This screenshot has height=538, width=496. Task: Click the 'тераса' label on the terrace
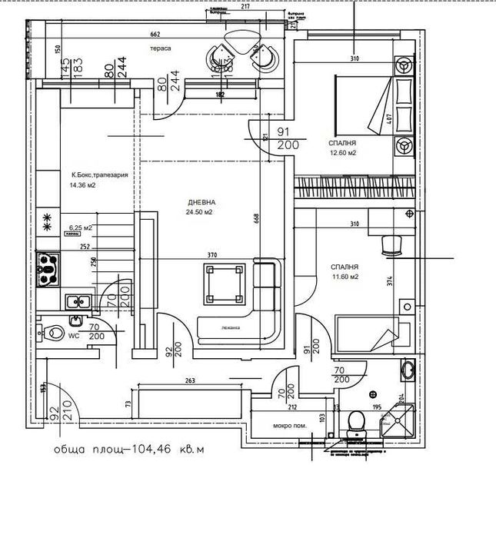point(160,48)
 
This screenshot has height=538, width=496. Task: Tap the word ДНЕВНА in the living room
point(198,203)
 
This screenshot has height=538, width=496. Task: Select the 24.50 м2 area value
point(198,212)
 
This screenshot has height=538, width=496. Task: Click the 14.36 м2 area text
point(82,185)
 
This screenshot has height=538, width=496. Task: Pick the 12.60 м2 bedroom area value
point(344,152)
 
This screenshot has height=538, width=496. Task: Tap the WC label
point(75,336)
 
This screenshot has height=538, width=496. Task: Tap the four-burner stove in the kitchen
point(48,269)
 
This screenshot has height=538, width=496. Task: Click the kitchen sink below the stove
point(77,302)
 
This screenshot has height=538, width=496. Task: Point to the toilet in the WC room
point(54,334)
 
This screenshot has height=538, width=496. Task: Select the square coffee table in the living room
point(224,283)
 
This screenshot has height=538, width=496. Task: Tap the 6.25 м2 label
point(80,228)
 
